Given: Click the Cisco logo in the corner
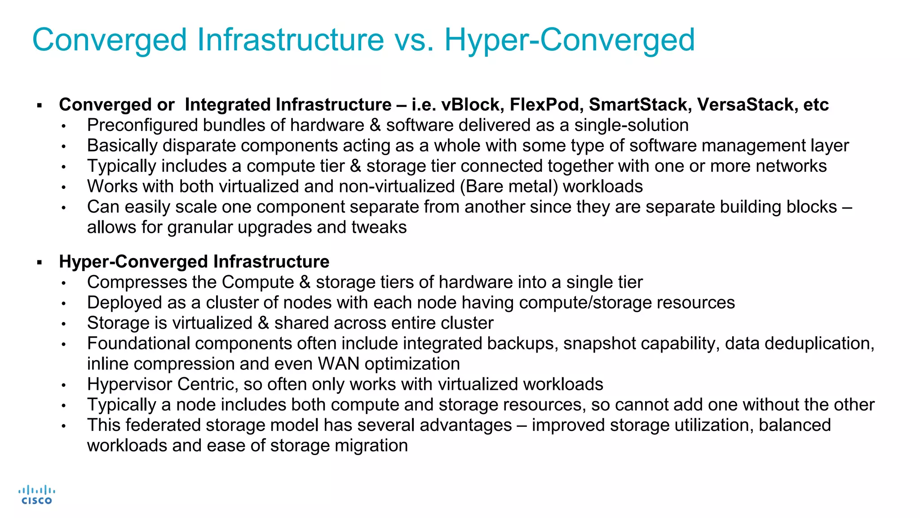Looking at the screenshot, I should coord(36,495).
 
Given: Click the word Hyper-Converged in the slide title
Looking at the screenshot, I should coord(569,40).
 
